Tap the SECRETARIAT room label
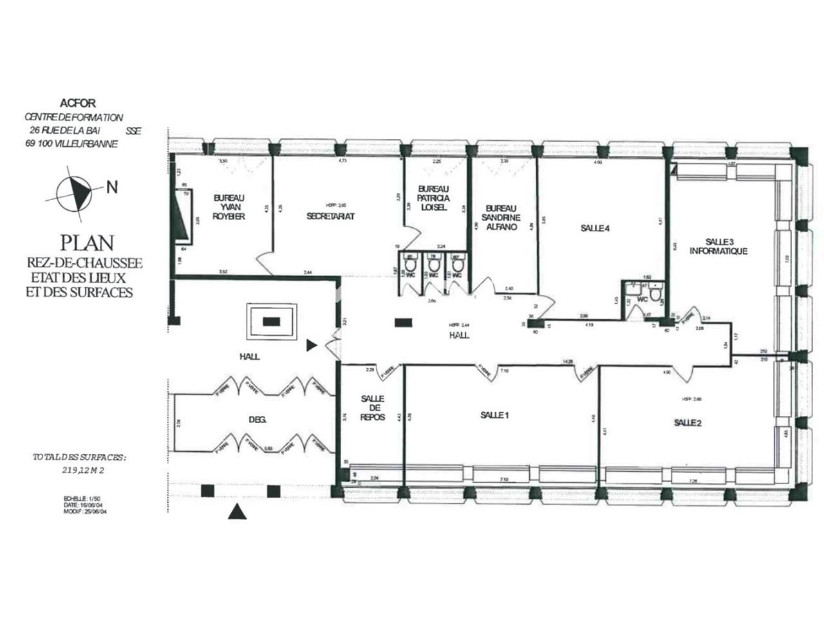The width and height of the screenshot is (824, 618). click(331, 216)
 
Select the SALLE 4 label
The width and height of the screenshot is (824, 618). click(594, 227)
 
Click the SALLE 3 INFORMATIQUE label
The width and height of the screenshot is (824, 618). click(718, 247)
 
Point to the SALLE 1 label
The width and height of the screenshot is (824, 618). click(495, 415)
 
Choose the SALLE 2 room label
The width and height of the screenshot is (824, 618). click(688, 423)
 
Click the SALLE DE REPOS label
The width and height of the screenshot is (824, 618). click(372, 408)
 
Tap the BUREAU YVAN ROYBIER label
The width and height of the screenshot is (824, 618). click(229, 207)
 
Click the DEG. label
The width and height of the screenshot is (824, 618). click(257, 420)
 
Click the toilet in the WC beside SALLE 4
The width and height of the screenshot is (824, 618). click(655, 295)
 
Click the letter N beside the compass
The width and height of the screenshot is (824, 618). click(111, 187)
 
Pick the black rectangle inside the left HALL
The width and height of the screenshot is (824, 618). click(271, 321)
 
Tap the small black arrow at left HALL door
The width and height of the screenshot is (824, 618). click(312, 346)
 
